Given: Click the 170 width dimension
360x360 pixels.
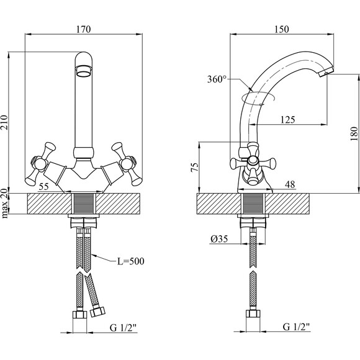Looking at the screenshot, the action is (x=84, y=29).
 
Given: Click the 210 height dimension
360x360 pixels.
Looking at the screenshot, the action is (x=4, y=122).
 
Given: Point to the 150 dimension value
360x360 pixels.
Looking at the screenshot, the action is (x=281, y=29).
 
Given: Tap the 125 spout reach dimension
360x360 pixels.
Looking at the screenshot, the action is (x=288, y=120).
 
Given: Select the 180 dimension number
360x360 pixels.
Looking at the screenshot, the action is (x=354, y=133).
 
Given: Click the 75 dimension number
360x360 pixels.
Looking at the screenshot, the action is (x=194, y=167).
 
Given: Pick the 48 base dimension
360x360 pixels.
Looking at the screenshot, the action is (x=290, y=184).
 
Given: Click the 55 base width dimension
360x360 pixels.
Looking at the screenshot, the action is (x=43, y=187).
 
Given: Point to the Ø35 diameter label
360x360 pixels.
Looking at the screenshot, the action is (x=219, y=239).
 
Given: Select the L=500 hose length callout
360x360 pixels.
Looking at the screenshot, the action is (x=131, y=261).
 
